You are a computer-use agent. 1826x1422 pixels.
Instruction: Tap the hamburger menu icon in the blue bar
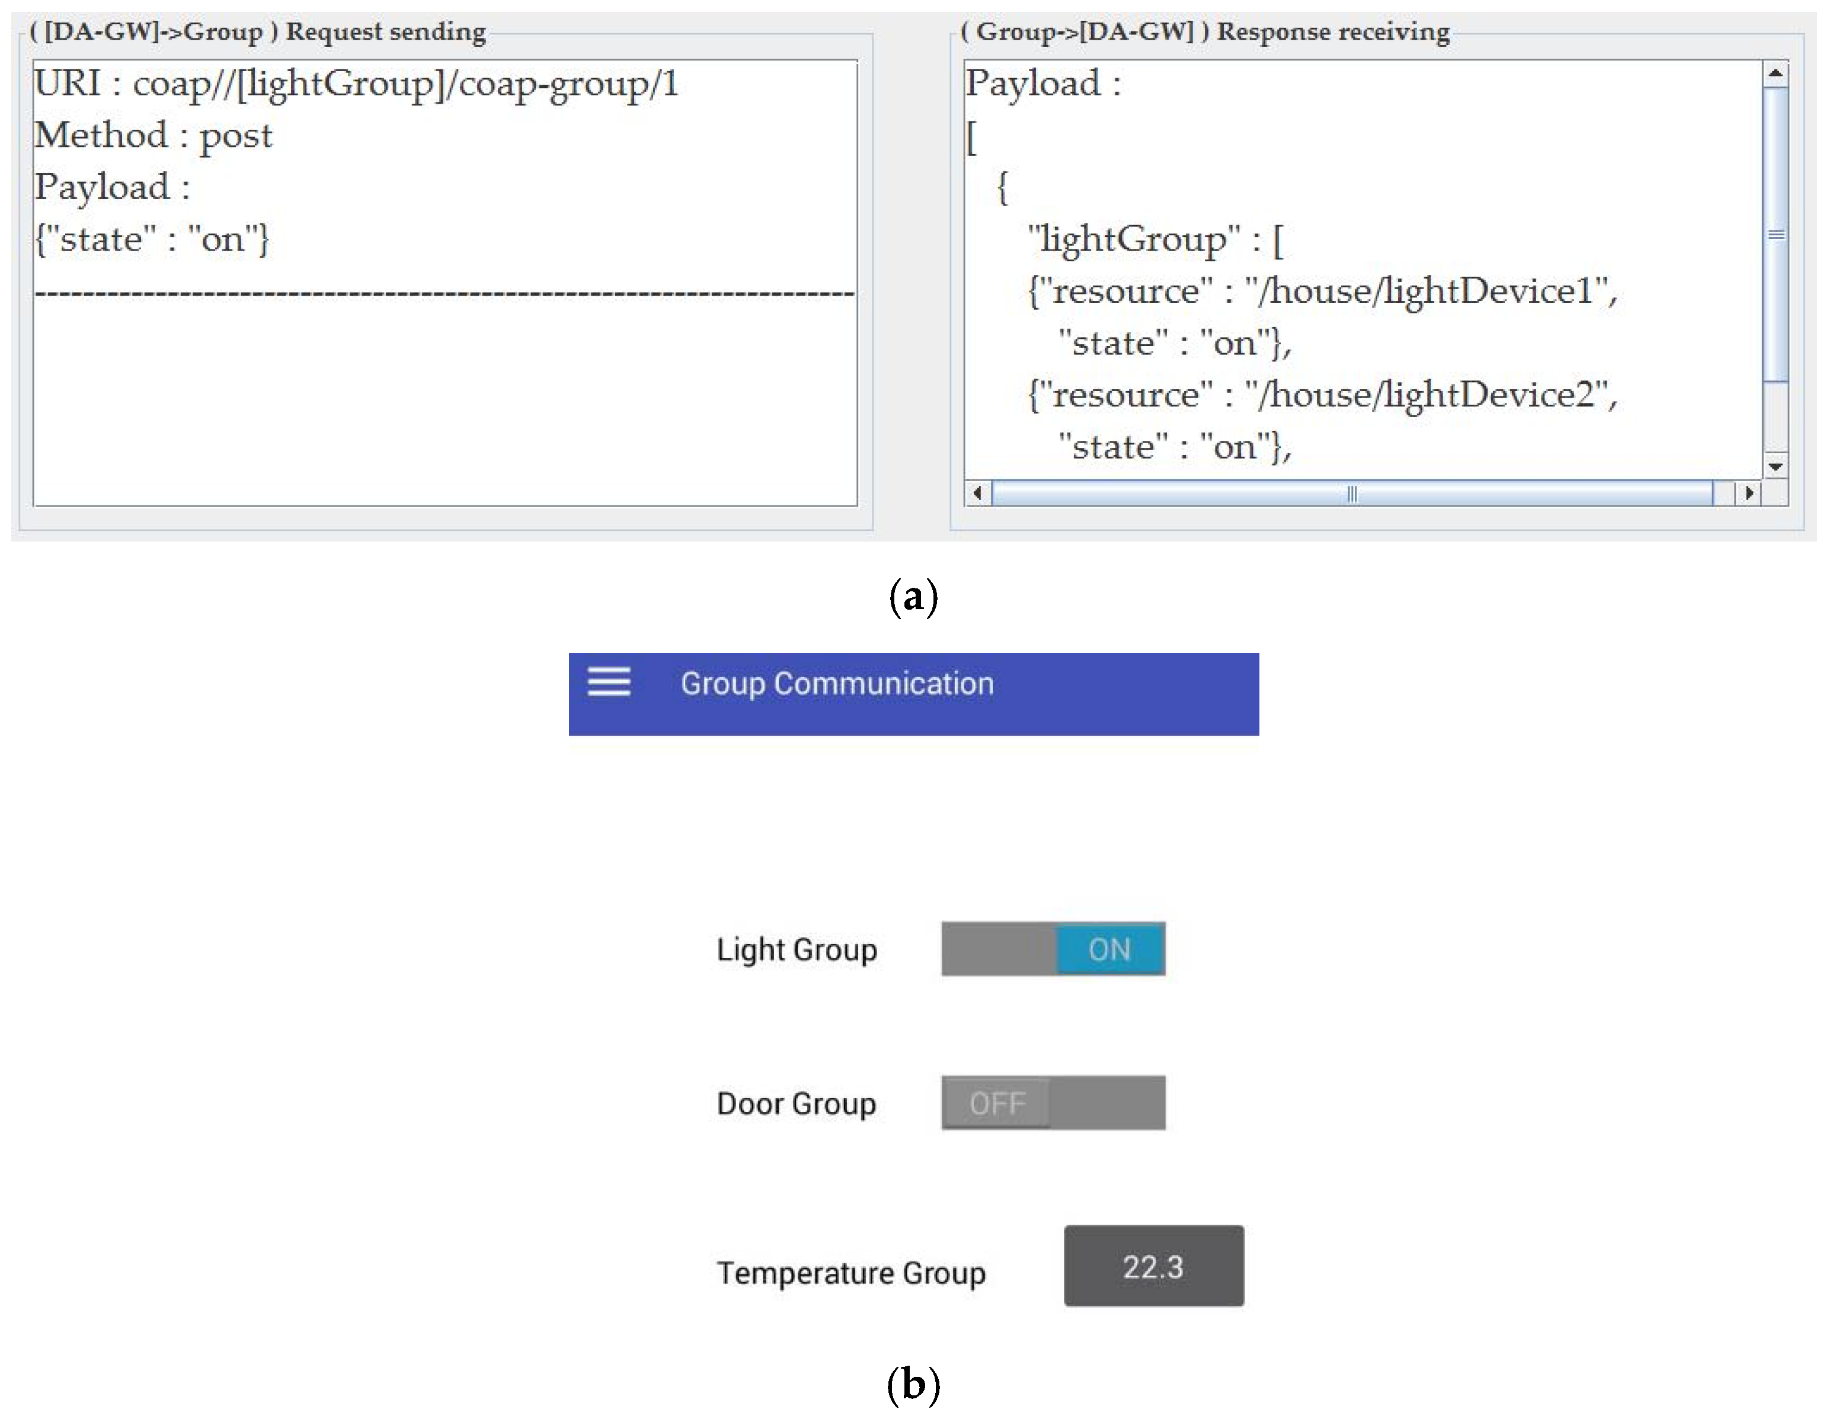tap(609, 682)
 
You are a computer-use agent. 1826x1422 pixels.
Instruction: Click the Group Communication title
tap(837, 684)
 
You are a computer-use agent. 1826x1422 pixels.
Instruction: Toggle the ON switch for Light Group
tap(1053, 949)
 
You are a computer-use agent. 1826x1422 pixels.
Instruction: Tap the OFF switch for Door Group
tap(1053, 1103)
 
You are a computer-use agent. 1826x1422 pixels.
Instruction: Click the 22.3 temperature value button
tap(1153, 1267)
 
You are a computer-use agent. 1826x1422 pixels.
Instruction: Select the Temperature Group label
tap(851, 1273)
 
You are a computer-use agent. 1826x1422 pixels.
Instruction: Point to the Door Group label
tap(796, 1103)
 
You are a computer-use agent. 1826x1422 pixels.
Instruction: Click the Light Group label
tap(796, 950)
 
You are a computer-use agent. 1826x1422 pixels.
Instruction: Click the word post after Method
tap(236, 136)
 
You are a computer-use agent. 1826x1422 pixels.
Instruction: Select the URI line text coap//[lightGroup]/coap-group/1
tap(405, 84)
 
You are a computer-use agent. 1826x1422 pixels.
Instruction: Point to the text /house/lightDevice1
tap(1430, 291)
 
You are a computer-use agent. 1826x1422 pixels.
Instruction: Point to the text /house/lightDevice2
tap(1430, 395)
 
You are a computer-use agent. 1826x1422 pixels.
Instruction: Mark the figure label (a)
tap(913, 597)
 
